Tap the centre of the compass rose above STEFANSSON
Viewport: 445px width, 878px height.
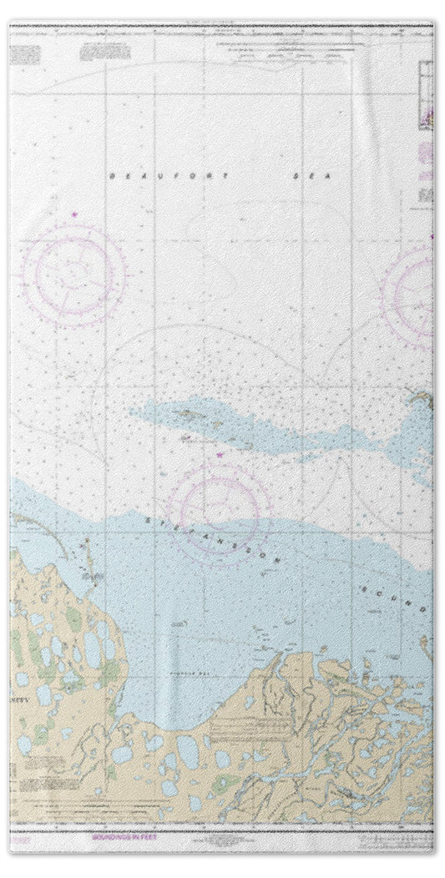point(219,505)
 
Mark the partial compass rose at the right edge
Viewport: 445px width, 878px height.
point(413,292)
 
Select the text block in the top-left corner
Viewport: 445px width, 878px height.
point(25,54)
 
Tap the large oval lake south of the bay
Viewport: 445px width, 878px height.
point(188,751)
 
